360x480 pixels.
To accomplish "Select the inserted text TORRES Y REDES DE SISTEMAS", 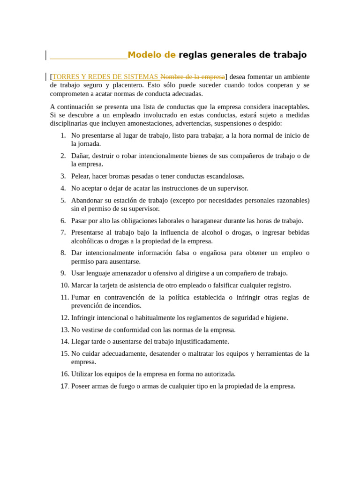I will [x=105, y=77].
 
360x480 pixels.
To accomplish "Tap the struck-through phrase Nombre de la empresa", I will [x=193, y=77].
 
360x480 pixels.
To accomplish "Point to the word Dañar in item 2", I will [x=80, y=156].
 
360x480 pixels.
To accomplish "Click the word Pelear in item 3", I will [x=81, y=176].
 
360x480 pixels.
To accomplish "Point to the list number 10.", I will [x=65, y=285].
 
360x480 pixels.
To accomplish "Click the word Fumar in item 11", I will [x=80, y=297].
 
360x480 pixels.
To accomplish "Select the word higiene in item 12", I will [x=275, y=318].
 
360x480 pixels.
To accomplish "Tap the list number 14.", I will [x=65, y=342].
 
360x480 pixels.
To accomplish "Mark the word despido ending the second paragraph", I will [x=269, y=123].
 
